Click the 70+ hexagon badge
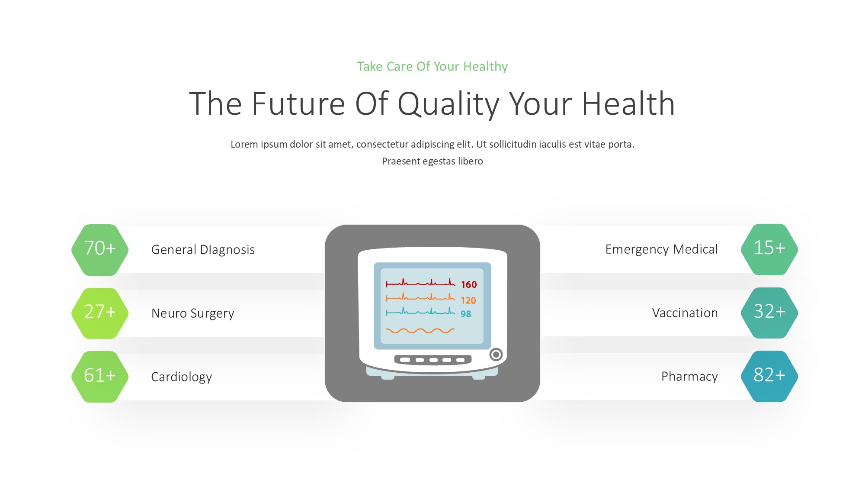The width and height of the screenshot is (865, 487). (x=100, y=250)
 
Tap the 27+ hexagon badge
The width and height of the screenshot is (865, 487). (x=100, y=313)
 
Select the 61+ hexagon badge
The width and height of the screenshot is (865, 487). (x=100, y=377)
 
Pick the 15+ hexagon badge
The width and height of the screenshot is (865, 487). (x=769, y=249)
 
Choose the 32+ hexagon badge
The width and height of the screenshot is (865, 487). (x=769, y=313)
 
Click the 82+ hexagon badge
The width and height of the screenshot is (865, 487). (x=769, y=376)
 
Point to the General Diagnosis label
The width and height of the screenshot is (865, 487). (x=203, y=250)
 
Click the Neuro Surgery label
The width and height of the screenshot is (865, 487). (x=193, y=313)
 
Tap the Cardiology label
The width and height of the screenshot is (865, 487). (x=182, y=377)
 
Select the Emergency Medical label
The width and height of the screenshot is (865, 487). (x=661, y=249)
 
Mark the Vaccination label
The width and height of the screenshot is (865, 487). (x=685, y=313)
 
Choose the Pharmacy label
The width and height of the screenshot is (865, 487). (x=689, y=377)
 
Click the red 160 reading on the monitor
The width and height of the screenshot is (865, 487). (x=469, y=284)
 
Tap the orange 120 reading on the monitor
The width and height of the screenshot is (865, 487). (x=468, y=300)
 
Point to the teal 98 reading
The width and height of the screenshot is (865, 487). (x=466, y=314)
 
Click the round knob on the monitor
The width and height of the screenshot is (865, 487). (x=496, y=355)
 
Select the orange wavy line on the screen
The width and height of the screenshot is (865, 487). (x=420, y=331)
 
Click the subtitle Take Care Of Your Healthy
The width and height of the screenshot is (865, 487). (x=432, y=66)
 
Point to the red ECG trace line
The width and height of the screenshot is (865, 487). (x=420, y=282)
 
